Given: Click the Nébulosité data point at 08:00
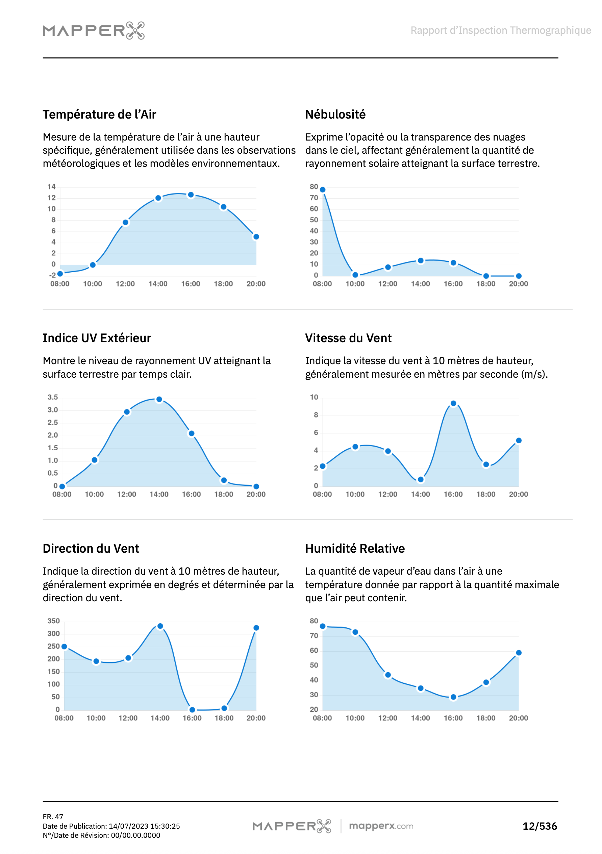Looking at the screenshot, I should [x=323, y=190].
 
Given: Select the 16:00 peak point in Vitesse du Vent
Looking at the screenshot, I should [x=453, y=404].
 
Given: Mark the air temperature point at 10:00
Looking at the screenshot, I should [x=93, y=265].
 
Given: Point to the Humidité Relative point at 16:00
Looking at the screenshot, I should [x=453, y=697].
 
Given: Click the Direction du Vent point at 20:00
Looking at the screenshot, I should [x=256, y=628].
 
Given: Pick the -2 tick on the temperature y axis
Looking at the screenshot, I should [x=52, y=275].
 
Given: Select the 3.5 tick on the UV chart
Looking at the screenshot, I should [x=52, y=397].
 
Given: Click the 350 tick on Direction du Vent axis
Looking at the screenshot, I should [x=53, y=621].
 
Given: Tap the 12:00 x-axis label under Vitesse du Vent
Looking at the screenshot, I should [x=388, y=494].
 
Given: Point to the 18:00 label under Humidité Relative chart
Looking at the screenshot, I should [x=485, y=718].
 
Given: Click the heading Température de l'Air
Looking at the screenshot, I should [x=99, y=115].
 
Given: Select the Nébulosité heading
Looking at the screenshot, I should [x=335, y=115].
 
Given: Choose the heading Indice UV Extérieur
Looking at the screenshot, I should [x=97, y=338].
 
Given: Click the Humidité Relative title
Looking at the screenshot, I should [x=355, y=549].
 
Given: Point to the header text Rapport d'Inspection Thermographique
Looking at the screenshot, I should [x=500, y=30].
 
